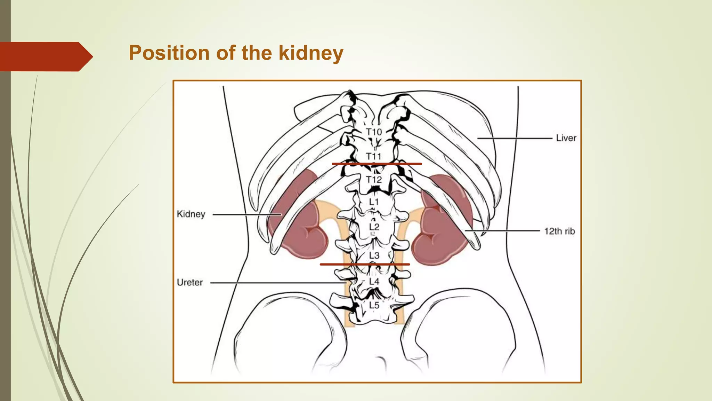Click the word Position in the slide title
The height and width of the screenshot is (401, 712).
click(x=169, y=53)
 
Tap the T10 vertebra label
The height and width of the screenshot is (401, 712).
click(x=374, y=132)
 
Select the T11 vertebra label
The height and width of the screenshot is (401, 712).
click(x=374, y=156)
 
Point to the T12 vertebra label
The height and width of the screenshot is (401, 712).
click(x=374, y=180)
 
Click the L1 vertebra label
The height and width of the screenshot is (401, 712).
click(x=374, y=202)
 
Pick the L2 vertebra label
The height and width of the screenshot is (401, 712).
click(x=374, y=227)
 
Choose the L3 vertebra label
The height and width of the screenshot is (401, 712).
click(x=374, y=255)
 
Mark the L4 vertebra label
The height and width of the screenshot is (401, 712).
click(x=374, y=281)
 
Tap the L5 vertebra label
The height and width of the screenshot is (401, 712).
click(x=374, y=305)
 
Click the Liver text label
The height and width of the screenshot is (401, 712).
click(x=566, y=138)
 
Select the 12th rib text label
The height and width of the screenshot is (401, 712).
click(x=559, y=231)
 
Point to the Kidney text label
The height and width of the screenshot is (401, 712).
click(x=191, y=214)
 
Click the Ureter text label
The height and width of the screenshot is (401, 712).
click(x=190, y=282)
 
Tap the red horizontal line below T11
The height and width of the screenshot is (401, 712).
click(x=377, y=164)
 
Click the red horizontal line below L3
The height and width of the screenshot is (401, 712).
click(x=365, y=265)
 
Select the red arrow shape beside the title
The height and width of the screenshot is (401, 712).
click(x=45, y=56)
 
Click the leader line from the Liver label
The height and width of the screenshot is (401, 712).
click(x=515, y=138)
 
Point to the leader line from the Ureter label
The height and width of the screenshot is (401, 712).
click(x=278, y=283)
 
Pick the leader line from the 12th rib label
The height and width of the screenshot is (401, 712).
click(x=502, y=230)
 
